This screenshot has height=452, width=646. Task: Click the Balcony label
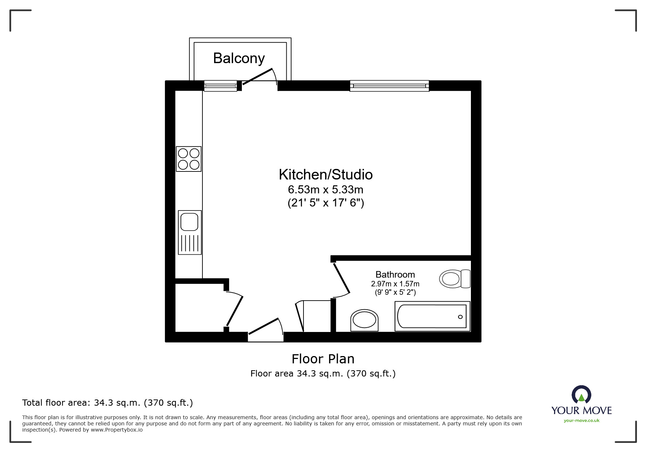[x=239, y=58]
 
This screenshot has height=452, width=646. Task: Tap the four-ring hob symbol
[x=189, y=159]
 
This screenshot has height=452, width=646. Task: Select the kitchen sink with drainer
[x=190, y=232]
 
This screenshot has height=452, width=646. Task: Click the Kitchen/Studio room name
[x=325, y=175]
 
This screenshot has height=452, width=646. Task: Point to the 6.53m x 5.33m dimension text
[x=325, y=190]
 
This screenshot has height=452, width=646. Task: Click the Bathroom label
[x=395, y=274]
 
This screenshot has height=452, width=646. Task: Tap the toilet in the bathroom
[x=455, y=279]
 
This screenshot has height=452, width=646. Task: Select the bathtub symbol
[x=432, y=316]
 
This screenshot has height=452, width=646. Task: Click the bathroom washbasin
[x=364, y=321]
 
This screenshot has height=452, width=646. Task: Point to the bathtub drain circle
[x=460, y=317]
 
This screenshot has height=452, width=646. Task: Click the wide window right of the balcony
[x=389, y=86]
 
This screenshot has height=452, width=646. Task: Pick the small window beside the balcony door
[x=220, y=86]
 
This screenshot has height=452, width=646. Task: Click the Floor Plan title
[x=323, y=359]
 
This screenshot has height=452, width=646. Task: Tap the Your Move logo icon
[x=581, y=395]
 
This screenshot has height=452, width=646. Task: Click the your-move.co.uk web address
[x=581, y=421]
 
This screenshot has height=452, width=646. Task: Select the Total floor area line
[x=108, y=403]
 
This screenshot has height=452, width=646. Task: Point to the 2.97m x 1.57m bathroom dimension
[x=395, y=284]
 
